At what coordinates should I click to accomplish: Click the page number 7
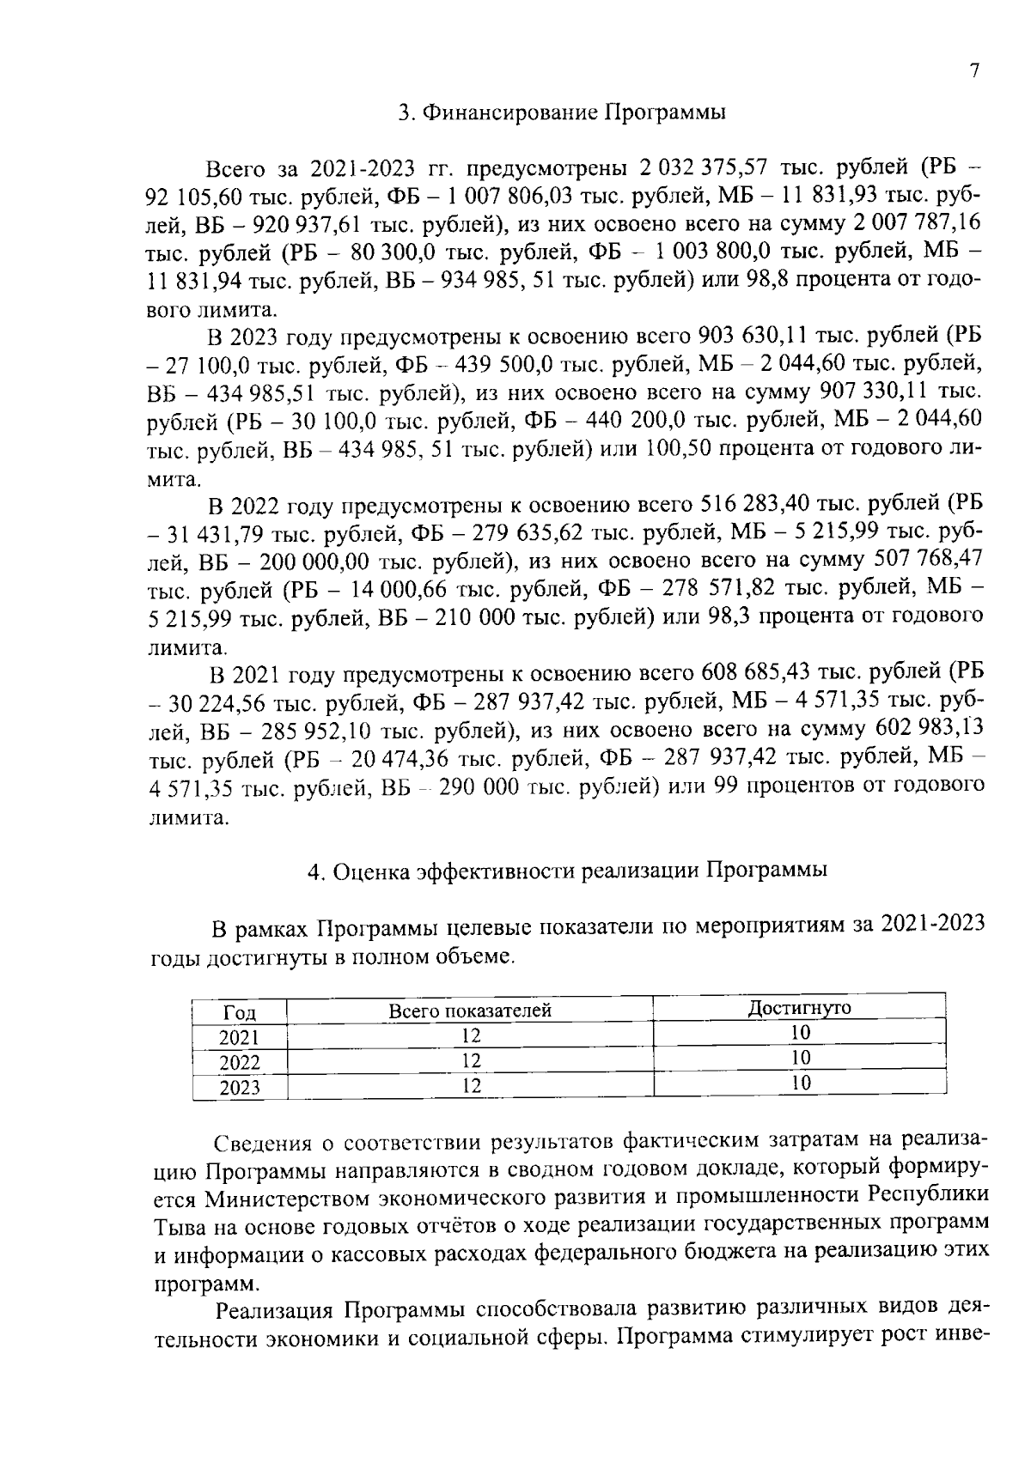(974, 71)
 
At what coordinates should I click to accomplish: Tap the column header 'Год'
(240, 1011)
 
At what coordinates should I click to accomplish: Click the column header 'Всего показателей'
(470, 1011)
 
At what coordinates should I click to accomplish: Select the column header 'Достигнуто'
(799, 1007)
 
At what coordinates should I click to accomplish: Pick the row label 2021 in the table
(240, 1037)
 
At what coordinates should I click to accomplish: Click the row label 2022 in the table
(240, 1063)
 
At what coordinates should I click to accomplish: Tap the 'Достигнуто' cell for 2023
(800, 1083)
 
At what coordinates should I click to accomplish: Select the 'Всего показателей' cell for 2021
(470, 1036)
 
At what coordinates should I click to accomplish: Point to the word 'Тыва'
(177, 1225)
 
